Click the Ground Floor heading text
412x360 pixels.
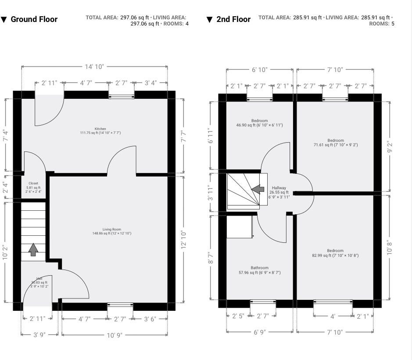click(x=34, y=19)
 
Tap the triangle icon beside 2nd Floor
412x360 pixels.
click(x=209, y=19)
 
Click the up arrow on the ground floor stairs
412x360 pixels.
click(x=33, y=249)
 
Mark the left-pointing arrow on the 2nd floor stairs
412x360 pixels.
click(x=258, y=189)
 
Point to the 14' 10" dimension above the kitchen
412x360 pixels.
click(x=94, y=67)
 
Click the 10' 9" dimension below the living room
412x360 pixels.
click(x=114, y=335)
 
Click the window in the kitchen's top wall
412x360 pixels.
click(x=121, y=95)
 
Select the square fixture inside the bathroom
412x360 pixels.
click(x=240, y=226)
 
